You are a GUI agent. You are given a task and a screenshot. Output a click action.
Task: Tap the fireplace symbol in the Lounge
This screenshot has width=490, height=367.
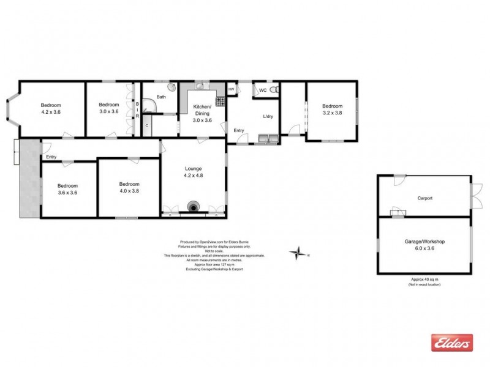click(194, 207)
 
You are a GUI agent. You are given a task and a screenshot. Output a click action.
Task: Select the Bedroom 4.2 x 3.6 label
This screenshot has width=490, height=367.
click(51, 108)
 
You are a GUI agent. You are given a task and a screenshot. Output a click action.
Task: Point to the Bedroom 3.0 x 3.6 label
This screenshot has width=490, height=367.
click(108, 108)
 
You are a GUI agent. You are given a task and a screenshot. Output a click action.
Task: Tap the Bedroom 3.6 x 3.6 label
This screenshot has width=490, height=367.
click(67, 189)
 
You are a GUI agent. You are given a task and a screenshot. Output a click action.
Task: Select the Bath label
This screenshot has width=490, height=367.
click(161, 97)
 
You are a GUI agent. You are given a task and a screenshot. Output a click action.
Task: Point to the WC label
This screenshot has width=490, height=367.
click(262, 90)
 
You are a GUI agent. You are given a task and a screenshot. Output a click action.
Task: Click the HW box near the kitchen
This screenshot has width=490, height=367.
click(231, 89)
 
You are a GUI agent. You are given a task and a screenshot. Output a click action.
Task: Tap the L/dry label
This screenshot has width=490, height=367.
click(268, 117)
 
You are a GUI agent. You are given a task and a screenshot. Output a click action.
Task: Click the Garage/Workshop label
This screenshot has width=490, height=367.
click(424, 245)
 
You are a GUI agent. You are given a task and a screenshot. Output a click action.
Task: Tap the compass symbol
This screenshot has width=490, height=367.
click(300, 252)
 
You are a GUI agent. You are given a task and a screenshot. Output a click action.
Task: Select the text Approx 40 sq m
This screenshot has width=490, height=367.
click(424, 280)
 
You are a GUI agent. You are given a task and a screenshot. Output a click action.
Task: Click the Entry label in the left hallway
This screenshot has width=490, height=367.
click(51, 157)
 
